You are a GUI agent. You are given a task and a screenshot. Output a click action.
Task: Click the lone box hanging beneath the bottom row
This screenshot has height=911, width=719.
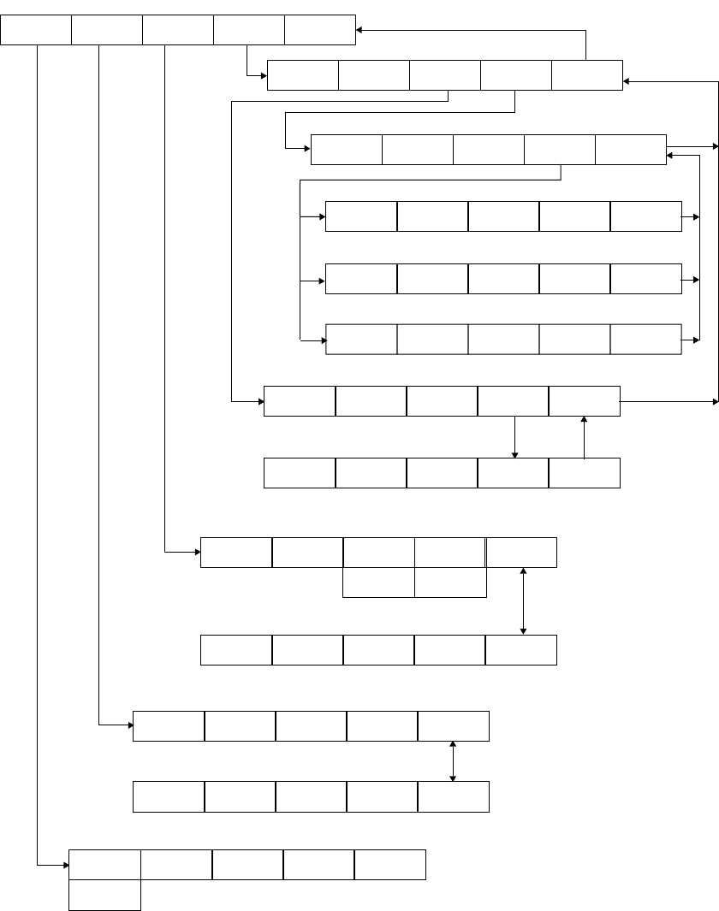pos(104,896)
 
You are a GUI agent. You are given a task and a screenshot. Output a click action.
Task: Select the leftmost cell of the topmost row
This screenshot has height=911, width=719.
pos(36,30)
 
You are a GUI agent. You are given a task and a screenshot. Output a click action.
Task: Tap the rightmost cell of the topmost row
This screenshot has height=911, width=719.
pos(319,30)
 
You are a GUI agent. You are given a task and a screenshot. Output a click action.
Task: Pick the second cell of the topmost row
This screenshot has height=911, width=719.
pos(107,30)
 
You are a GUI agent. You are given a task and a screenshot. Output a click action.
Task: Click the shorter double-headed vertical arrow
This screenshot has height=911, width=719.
pos(453,760)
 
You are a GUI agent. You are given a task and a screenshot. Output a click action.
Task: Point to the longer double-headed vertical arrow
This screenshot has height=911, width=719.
pos(523,601)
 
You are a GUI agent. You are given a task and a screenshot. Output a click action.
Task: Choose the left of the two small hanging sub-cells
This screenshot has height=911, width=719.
pos(378,583)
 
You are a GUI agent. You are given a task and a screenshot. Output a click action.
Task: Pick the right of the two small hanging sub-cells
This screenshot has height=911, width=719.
pos(450,583)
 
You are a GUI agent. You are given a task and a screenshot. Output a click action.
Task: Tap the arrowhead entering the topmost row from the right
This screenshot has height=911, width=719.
pos(360,30)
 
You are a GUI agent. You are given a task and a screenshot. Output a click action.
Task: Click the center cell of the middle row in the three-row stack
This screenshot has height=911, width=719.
pos(503,279)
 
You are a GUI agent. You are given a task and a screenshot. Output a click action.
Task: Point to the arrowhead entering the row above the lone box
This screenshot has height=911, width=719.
pos(64,865)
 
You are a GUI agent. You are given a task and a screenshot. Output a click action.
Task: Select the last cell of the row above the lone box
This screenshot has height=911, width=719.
pos(389,865)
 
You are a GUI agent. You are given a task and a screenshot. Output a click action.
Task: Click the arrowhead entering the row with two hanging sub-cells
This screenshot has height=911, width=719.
pos(196,553)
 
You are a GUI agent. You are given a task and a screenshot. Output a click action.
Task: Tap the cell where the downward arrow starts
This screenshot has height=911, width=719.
pos(513,401)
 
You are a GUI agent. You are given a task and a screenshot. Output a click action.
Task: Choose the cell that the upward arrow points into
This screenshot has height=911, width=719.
pos(584,401)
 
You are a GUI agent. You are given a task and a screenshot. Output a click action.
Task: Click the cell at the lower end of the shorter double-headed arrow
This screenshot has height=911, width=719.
pos(453,796)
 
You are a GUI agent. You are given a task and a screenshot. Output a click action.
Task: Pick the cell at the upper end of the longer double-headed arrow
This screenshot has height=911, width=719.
pos(521,553)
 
